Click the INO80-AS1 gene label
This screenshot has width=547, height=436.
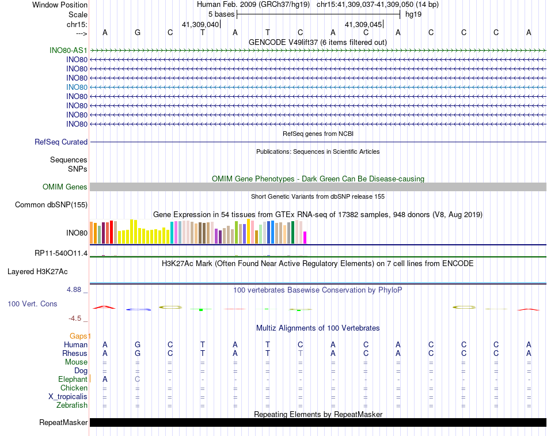69,50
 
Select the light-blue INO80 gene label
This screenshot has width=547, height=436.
77,87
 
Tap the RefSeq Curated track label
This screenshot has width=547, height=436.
61,142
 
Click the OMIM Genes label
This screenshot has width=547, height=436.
65,187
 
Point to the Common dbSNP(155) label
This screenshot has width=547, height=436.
51,204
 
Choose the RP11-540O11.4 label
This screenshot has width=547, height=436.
61,253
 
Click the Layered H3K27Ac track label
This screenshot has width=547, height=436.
45,271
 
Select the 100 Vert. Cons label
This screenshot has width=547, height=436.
32,304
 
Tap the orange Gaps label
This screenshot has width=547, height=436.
79,336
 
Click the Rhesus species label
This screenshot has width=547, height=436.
75,353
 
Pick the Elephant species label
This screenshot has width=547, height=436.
73,379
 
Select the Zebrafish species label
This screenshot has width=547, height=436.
72,405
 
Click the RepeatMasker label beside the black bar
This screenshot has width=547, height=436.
63,423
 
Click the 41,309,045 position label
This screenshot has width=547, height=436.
363,24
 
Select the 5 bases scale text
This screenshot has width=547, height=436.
221,14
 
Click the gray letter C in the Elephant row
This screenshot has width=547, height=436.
138,379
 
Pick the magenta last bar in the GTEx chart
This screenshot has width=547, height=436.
305,237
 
